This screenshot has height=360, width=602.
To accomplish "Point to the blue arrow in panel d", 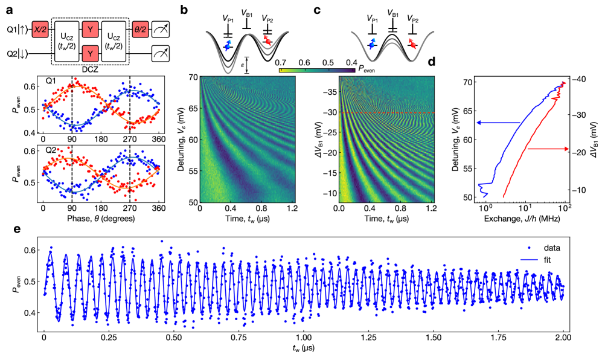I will coord(498,123).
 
